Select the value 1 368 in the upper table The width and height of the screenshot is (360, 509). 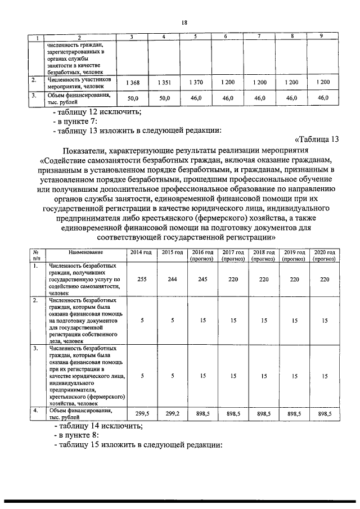click(x=133, y=83)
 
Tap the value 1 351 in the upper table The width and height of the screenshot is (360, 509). click(x=164, y=83)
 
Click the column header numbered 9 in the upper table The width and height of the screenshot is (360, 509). click(x=321, y=37)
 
